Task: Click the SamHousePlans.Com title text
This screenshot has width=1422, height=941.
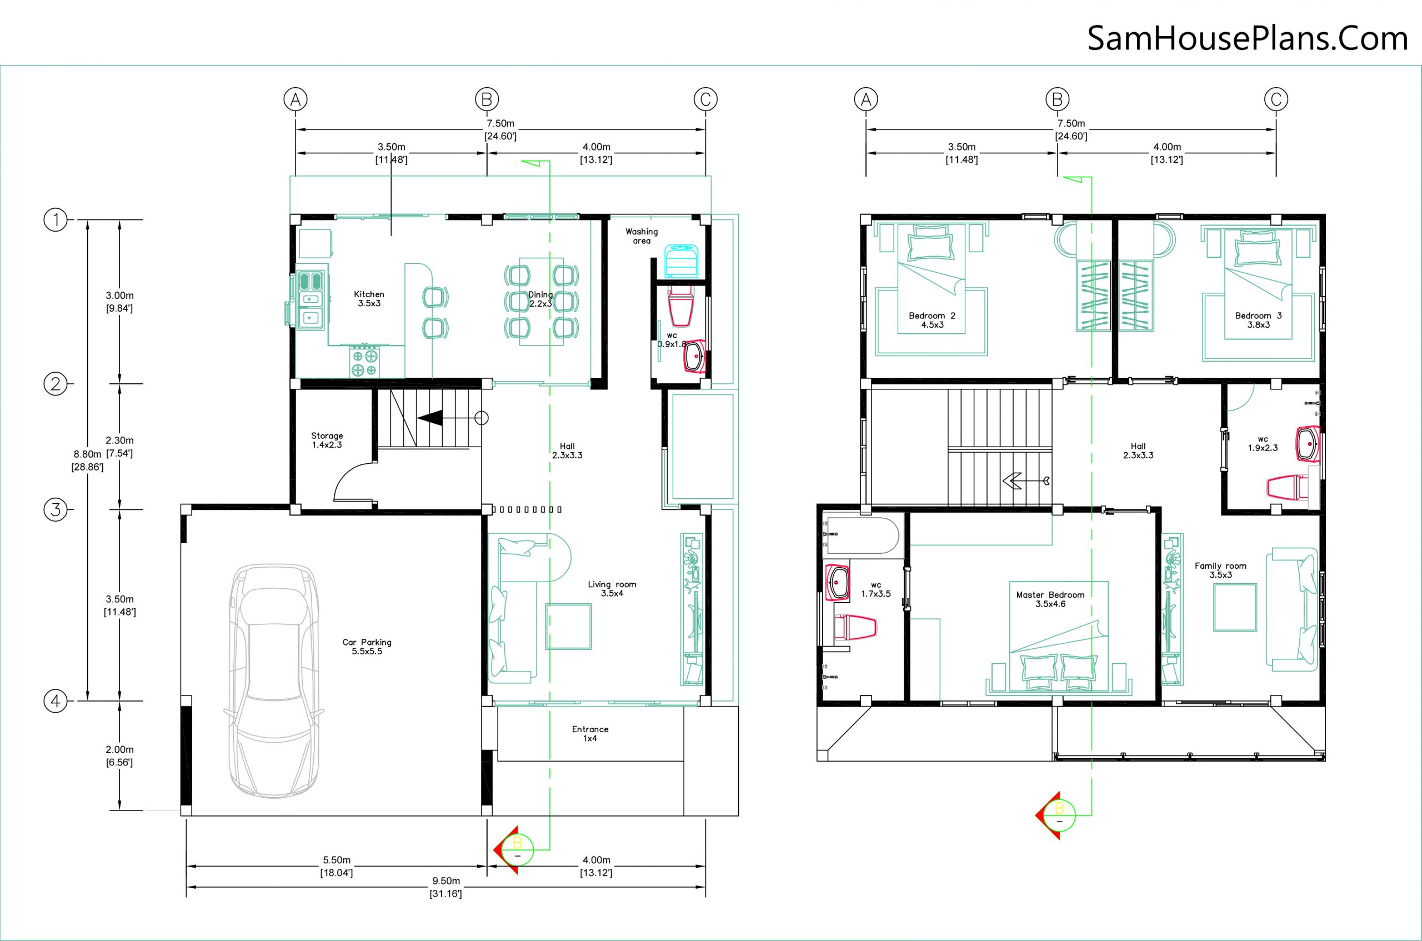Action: [x=1248, y=39]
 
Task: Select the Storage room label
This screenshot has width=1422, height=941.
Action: [x=327, y=441]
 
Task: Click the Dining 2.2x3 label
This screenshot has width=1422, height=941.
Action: [x=540, y=299]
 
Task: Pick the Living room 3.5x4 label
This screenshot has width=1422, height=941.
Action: [x=612, y=589]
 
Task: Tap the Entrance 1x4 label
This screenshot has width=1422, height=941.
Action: [x=590, y=733]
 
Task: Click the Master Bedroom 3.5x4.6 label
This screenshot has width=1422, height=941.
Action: [x=1050, y=599]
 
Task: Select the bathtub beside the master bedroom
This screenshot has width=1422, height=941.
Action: [x=862, y=535]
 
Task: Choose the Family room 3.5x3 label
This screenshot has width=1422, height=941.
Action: [x=1220, y=570]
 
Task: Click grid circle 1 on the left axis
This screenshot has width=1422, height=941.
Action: [x=56, y=219]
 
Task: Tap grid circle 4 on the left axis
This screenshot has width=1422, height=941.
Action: [x=56, y=700]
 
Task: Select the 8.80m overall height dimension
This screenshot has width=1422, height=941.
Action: [x=88, y=461]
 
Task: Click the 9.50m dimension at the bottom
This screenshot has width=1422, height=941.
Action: [x=446, y=887]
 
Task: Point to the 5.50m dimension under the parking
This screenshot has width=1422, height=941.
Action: [x=336, y=866]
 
